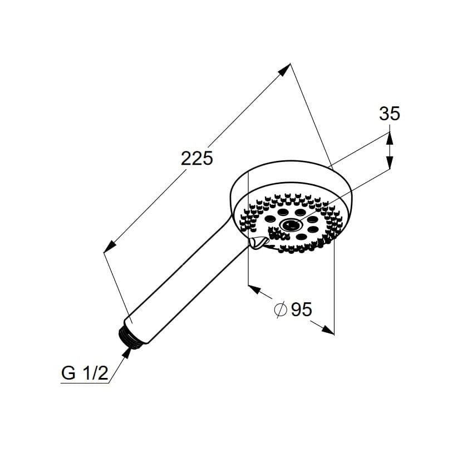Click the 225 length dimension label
click(x=196, y=158)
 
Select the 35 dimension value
click(x=390, y=114)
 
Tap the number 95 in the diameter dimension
click(x=301, y=309)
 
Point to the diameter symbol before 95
click(x=280, y=309)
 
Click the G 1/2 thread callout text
click(x=85, y=373)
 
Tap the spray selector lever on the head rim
click(x=258, y=243)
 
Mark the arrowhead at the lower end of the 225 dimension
click(x=109, y=247)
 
